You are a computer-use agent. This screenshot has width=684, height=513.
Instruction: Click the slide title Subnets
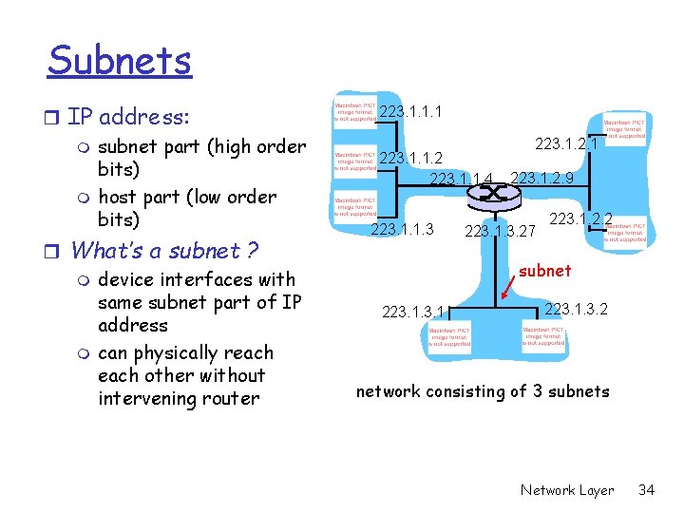[120, 61]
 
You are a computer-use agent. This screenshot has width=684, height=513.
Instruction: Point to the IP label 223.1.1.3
[402, 229]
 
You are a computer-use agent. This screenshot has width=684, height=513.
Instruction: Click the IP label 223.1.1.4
[462, 180]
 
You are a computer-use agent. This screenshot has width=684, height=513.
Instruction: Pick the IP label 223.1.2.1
[566, 143]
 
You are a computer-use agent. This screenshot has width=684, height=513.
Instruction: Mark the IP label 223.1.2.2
[580, 219]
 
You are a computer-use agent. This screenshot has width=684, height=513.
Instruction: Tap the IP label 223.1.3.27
[500, 231]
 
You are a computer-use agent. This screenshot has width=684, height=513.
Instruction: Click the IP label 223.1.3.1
[413, 311]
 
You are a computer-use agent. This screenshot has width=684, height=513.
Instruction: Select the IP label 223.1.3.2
[577, 309]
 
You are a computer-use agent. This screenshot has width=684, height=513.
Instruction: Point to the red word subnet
[544, 271]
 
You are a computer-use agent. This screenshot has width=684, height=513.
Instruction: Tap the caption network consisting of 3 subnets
[483, 391]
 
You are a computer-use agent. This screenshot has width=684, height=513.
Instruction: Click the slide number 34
[646, 490]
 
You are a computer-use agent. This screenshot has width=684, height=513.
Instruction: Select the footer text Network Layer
[567, 490]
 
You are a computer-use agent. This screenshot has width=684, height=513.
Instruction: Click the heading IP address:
[128, 118]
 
